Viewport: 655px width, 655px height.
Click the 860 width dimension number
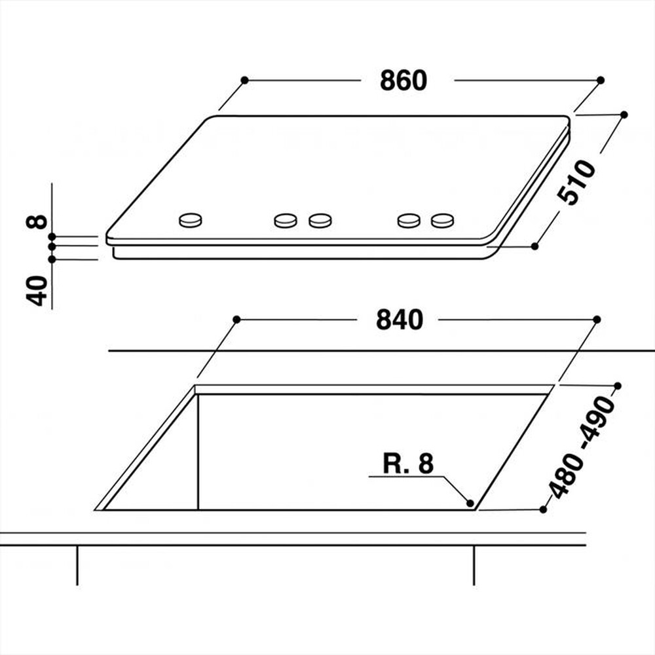[x=403, y=81]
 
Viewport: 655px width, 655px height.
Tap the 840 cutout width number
[x=400, y=320]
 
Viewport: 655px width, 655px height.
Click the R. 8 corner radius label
[x=409, y=464]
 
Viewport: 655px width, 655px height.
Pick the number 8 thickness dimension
[x=37, y=221]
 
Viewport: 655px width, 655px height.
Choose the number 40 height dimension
[x=38, y=291]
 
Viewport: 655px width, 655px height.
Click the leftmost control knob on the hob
[x=191, y=220]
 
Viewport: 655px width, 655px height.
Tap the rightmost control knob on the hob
[x=442, y=221]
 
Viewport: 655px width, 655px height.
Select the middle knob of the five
[x=320, y=221]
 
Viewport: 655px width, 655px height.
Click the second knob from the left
[x=286, y=221]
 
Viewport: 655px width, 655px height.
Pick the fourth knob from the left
[x=408, y=221]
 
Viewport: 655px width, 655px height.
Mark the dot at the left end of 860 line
[x=244, y=80]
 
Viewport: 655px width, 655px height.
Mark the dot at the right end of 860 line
[x=601, y=80]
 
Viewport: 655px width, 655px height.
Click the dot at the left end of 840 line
[x=236, y=319]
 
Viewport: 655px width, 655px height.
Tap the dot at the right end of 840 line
[x=597, y=319]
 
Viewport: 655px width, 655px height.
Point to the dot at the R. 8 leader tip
[x=470, y=503]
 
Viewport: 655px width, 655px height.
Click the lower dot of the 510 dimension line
[x=534, y=246]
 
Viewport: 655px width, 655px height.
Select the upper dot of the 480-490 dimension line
[x=617, y=386]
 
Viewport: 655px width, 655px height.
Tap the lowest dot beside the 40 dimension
[x=52, y=259]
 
